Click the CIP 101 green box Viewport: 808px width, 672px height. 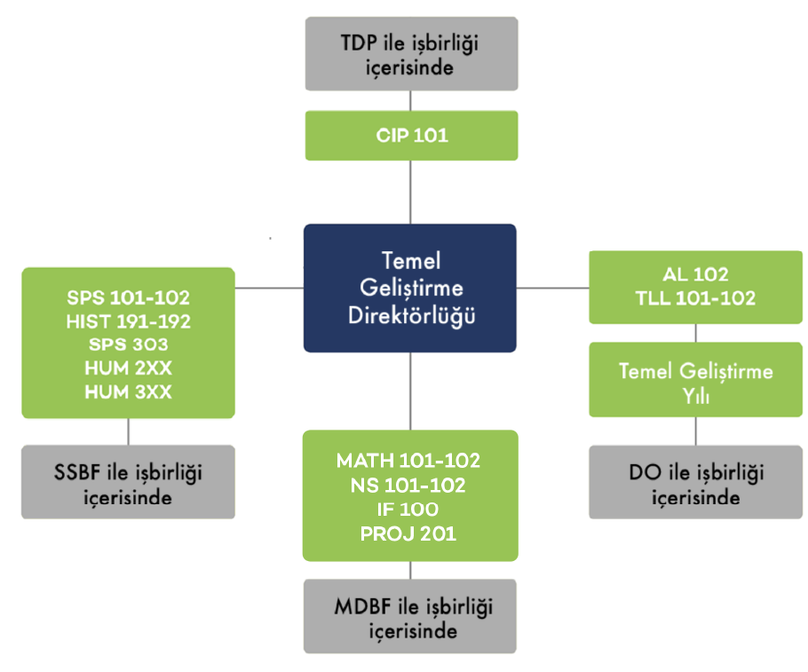coord(411,136)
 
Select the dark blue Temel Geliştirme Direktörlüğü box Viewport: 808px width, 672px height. coord(409,288)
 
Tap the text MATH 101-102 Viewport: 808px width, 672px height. coord(408,461)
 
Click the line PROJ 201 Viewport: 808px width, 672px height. coord(408,534)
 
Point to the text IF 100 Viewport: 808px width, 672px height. coord(408,510)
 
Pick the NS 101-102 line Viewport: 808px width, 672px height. coord(408,486)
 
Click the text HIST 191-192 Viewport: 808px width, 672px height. coord(128,320)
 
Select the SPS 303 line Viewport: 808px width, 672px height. coord(128,344)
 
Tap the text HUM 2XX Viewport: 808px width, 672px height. coord(128,368)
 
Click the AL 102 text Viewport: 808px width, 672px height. coord(695,274)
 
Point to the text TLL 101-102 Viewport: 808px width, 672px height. coord(695,298)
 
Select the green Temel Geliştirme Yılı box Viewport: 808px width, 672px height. coord(695,383)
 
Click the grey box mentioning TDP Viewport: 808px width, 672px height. coord(411,53)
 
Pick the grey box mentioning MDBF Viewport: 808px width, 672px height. coord(409,619)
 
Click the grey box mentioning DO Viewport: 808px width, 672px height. coord(695,484)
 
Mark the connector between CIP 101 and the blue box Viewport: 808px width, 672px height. coord(410,192)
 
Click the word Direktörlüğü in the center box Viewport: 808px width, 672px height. coord(409,314)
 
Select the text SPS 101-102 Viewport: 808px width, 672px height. coord(128,296)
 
